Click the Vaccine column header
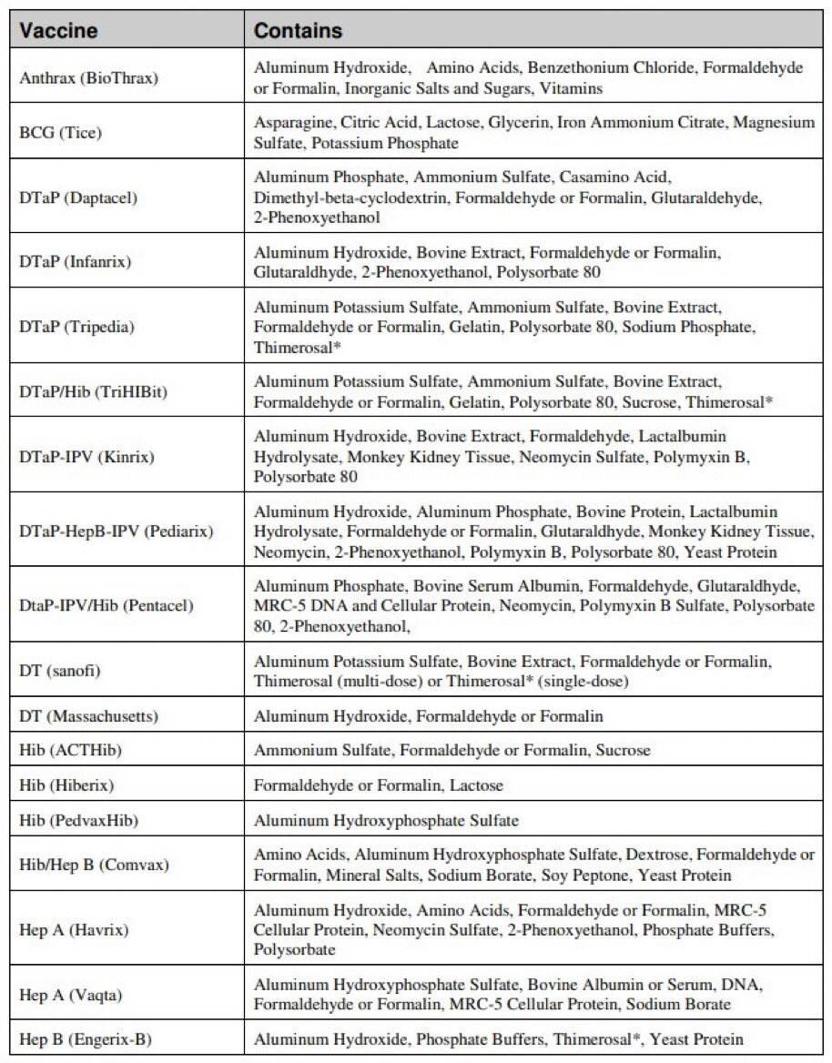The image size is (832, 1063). point(59,31)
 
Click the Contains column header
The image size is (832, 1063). point(298,31)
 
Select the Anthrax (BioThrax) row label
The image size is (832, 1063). point(88,77)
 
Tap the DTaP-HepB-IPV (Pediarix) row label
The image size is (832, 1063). point(116,530)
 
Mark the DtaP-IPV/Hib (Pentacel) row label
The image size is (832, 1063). point(106,604)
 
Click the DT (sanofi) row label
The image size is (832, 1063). point(59,671)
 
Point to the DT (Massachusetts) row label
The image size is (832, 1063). point(88,716)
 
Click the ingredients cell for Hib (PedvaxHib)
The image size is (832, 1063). point(386,820)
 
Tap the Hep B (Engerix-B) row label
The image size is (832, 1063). point(86,1038)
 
